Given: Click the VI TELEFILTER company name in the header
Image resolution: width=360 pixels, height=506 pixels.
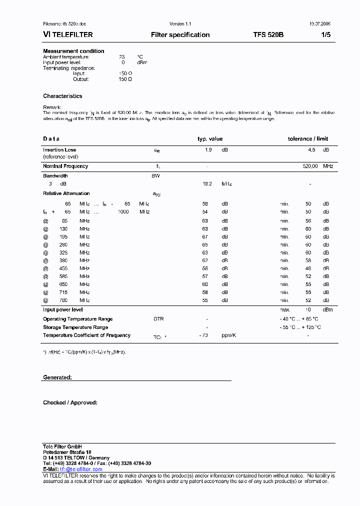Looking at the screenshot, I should [68, 35].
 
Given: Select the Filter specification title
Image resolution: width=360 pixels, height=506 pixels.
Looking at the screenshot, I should [180, 35].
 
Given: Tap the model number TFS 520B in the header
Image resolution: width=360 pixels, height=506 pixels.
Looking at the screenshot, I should [268, 35].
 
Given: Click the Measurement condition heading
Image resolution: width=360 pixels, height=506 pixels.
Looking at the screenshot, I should [73, 51].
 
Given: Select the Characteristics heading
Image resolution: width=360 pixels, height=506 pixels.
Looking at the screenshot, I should [62, 96].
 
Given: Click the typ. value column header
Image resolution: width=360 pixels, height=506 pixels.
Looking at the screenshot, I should [210, 139].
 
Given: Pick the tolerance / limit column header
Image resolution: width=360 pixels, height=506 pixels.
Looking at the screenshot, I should [308, 139].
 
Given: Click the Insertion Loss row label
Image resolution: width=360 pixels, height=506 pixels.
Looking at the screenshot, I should [59, 149].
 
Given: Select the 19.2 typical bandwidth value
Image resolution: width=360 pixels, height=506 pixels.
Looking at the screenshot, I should [207, 184].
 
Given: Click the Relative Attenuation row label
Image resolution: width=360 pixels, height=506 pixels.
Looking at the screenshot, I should [66, 193].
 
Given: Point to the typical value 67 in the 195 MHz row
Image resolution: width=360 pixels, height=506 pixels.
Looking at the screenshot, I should [205, 236].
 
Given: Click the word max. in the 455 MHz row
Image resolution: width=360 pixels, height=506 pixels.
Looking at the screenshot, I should [284, 268].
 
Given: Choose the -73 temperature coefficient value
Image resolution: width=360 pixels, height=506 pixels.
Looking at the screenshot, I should [203, 335].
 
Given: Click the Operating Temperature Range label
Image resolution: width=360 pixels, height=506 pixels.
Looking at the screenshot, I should [77, 319].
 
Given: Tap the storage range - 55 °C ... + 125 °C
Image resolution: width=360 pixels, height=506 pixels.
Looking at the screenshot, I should [300, 327].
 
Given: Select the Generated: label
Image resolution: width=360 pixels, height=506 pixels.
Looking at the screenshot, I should [57, 377].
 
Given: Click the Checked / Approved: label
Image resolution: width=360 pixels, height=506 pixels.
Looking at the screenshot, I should [70, 402].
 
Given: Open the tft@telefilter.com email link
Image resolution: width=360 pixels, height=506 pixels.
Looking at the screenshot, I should [81, 469].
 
